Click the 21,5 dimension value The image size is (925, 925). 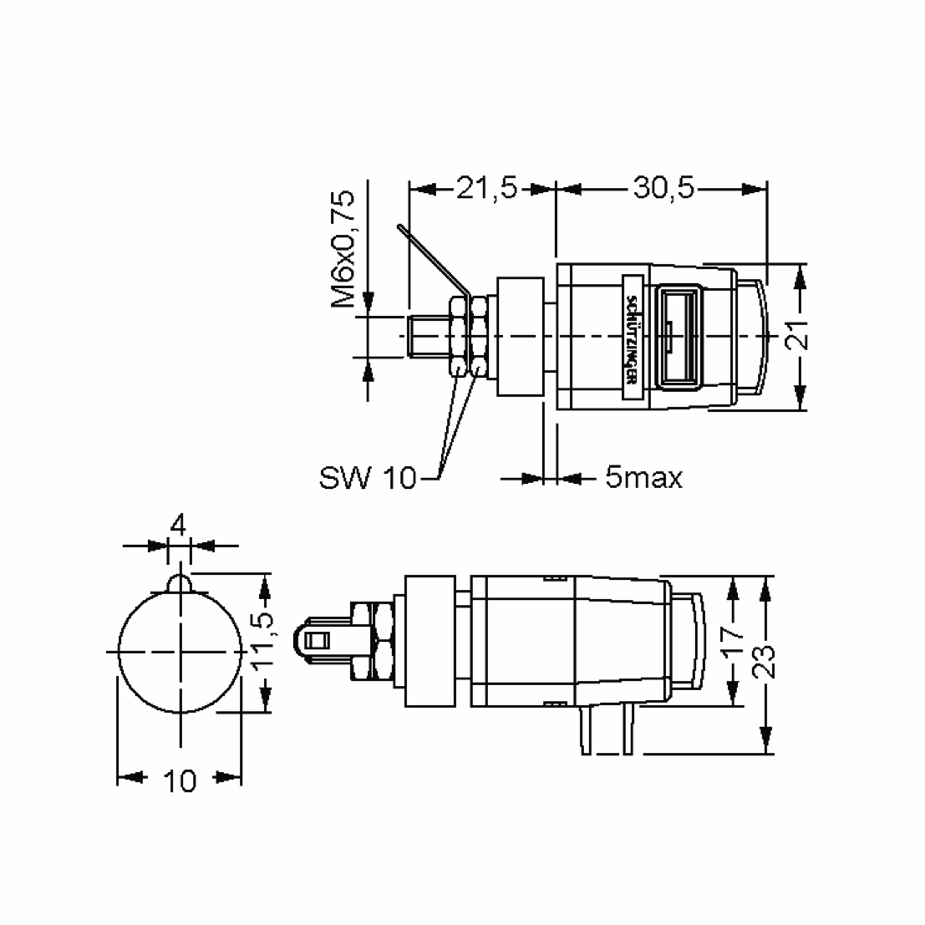point(486,188)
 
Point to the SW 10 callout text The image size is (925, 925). point(367,478)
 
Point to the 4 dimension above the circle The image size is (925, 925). point(178,526)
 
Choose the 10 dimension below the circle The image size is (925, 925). point(180,781)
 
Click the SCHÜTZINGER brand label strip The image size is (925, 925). point(632,337)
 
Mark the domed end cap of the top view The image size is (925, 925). point(753,337)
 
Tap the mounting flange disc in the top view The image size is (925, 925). point(520,336)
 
